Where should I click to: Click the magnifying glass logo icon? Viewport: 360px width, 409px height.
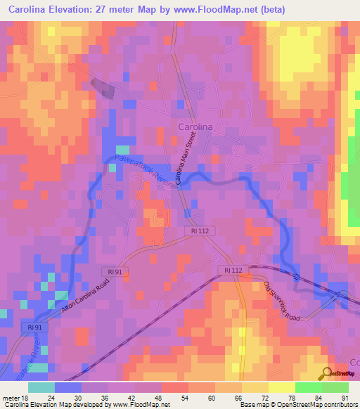tap(326, 374)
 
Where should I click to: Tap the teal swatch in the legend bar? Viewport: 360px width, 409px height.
tap(42, 387)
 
